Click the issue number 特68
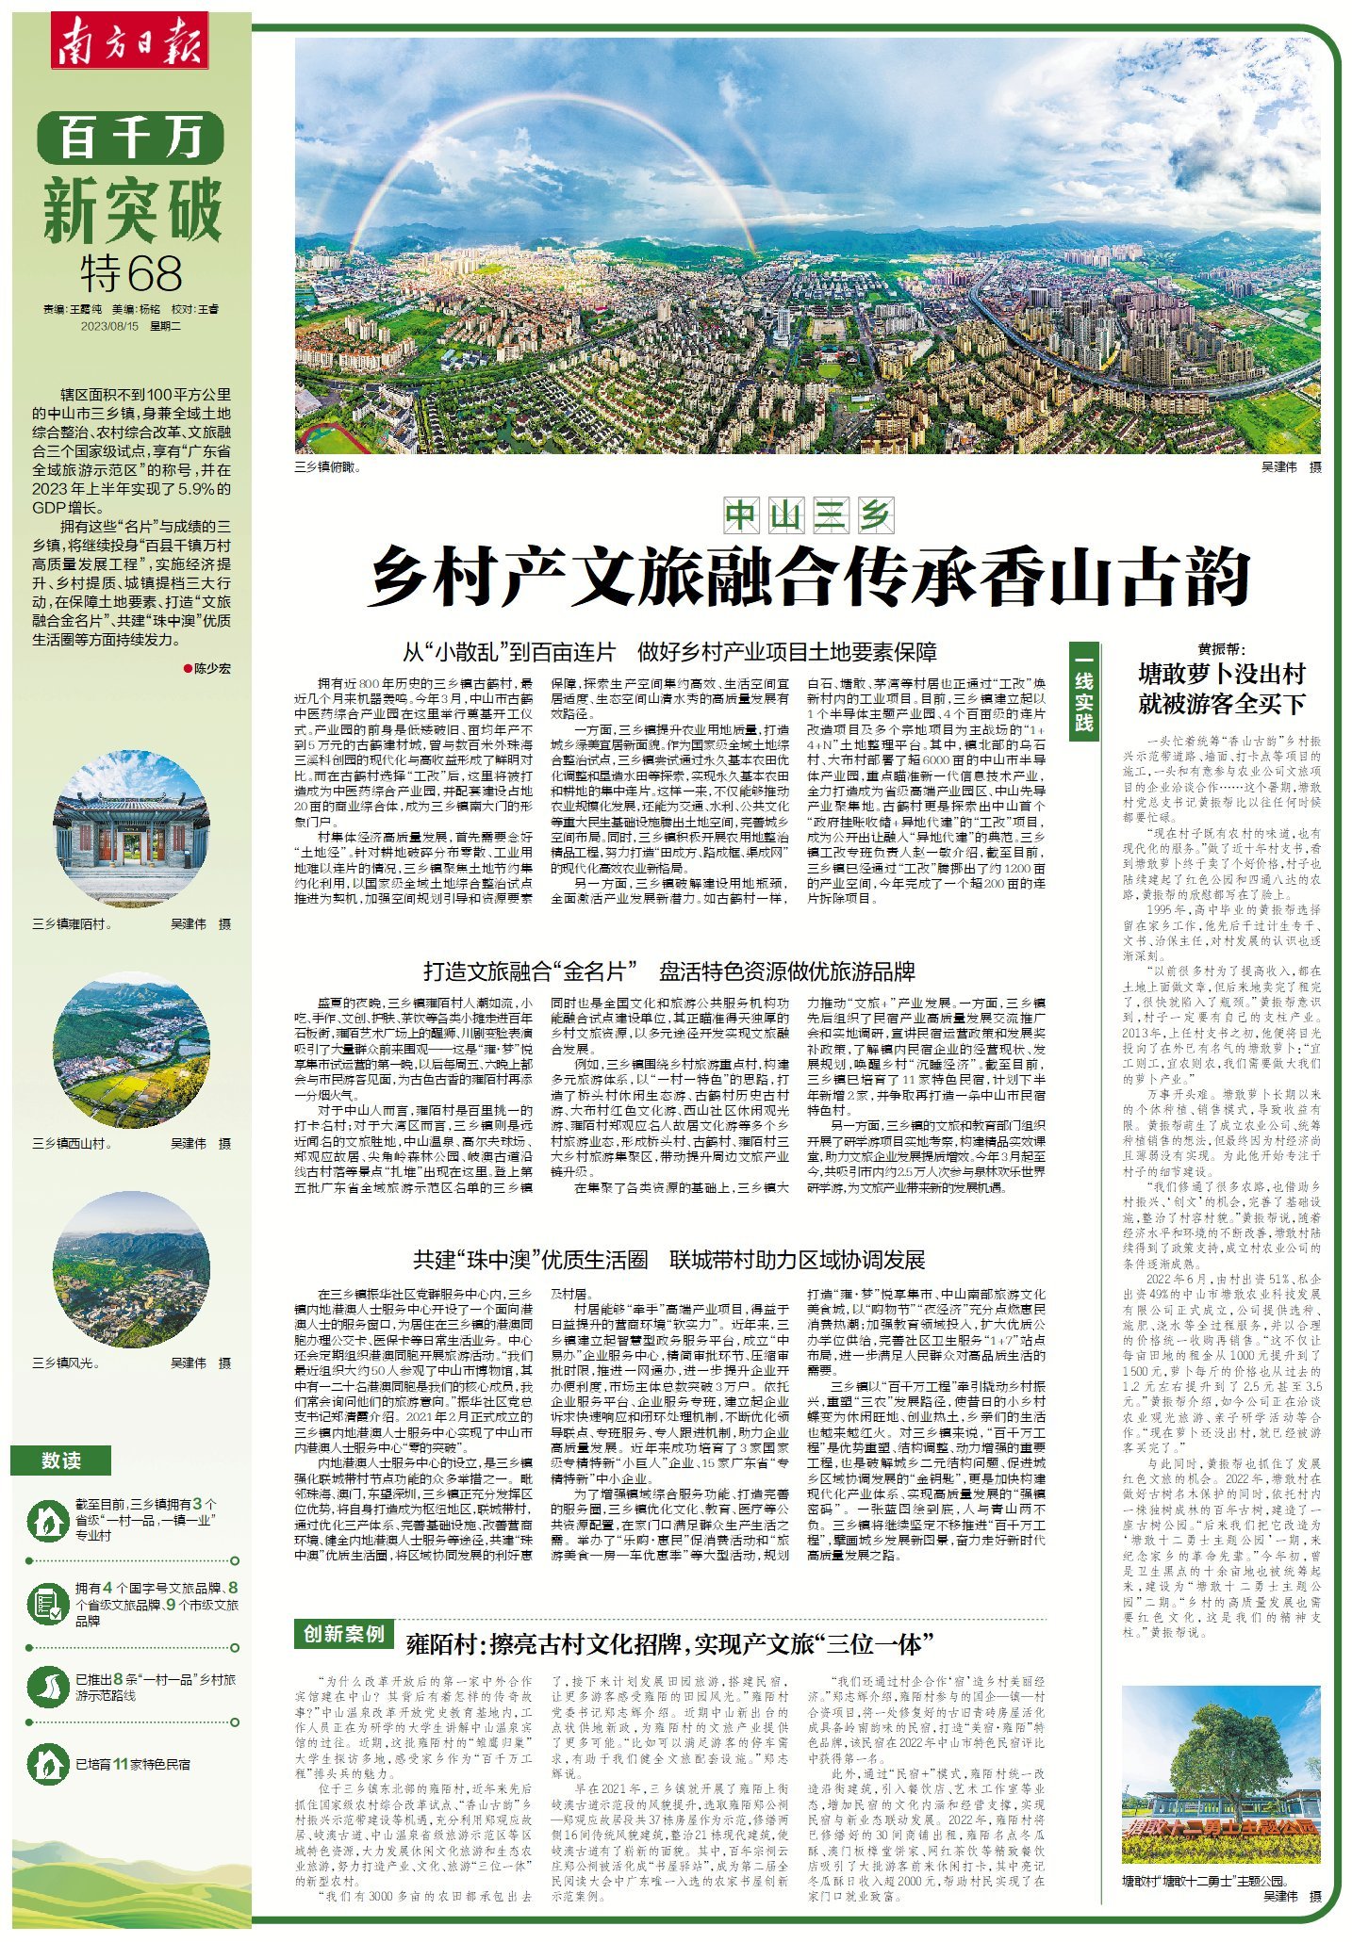pos(131,274)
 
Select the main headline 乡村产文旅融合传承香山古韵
pos(810,577)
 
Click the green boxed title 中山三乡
pos(810,515)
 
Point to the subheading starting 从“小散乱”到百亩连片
pos(669,652)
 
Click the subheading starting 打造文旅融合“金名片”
pos(669,971)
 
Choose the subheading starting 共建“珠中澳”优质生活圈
pos(669,1260)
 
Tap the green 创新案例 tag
pos(344,1633)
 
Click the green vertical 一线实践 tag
pos(1083,693)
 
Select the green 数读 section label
pos(61,1461)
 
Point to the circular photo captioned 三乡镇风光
pos(131,1268)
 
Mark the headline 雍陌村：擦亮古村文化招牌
pos(669,1645)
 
